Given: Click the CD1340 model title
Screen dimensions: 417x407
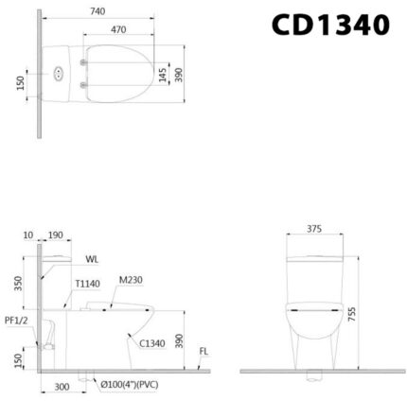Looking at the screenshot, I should pyautogui.click(x=330, y=25).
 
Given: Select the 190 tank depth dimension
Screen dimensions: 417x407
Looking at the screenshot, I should pyautogui.click(x=57, y=234).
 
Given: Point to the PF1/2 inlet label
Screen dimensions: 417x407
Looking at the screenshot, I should pyautogui.click(x=15, y=321).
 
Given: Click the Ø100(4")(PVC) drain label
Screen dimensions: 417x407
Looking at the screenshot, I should pyautogui.click(x=127, y=386).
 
